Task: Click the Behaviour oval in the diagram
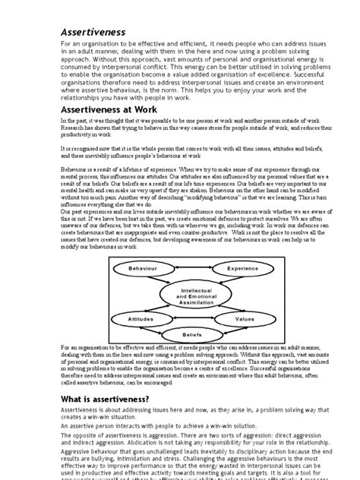(x=142, y=269)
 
